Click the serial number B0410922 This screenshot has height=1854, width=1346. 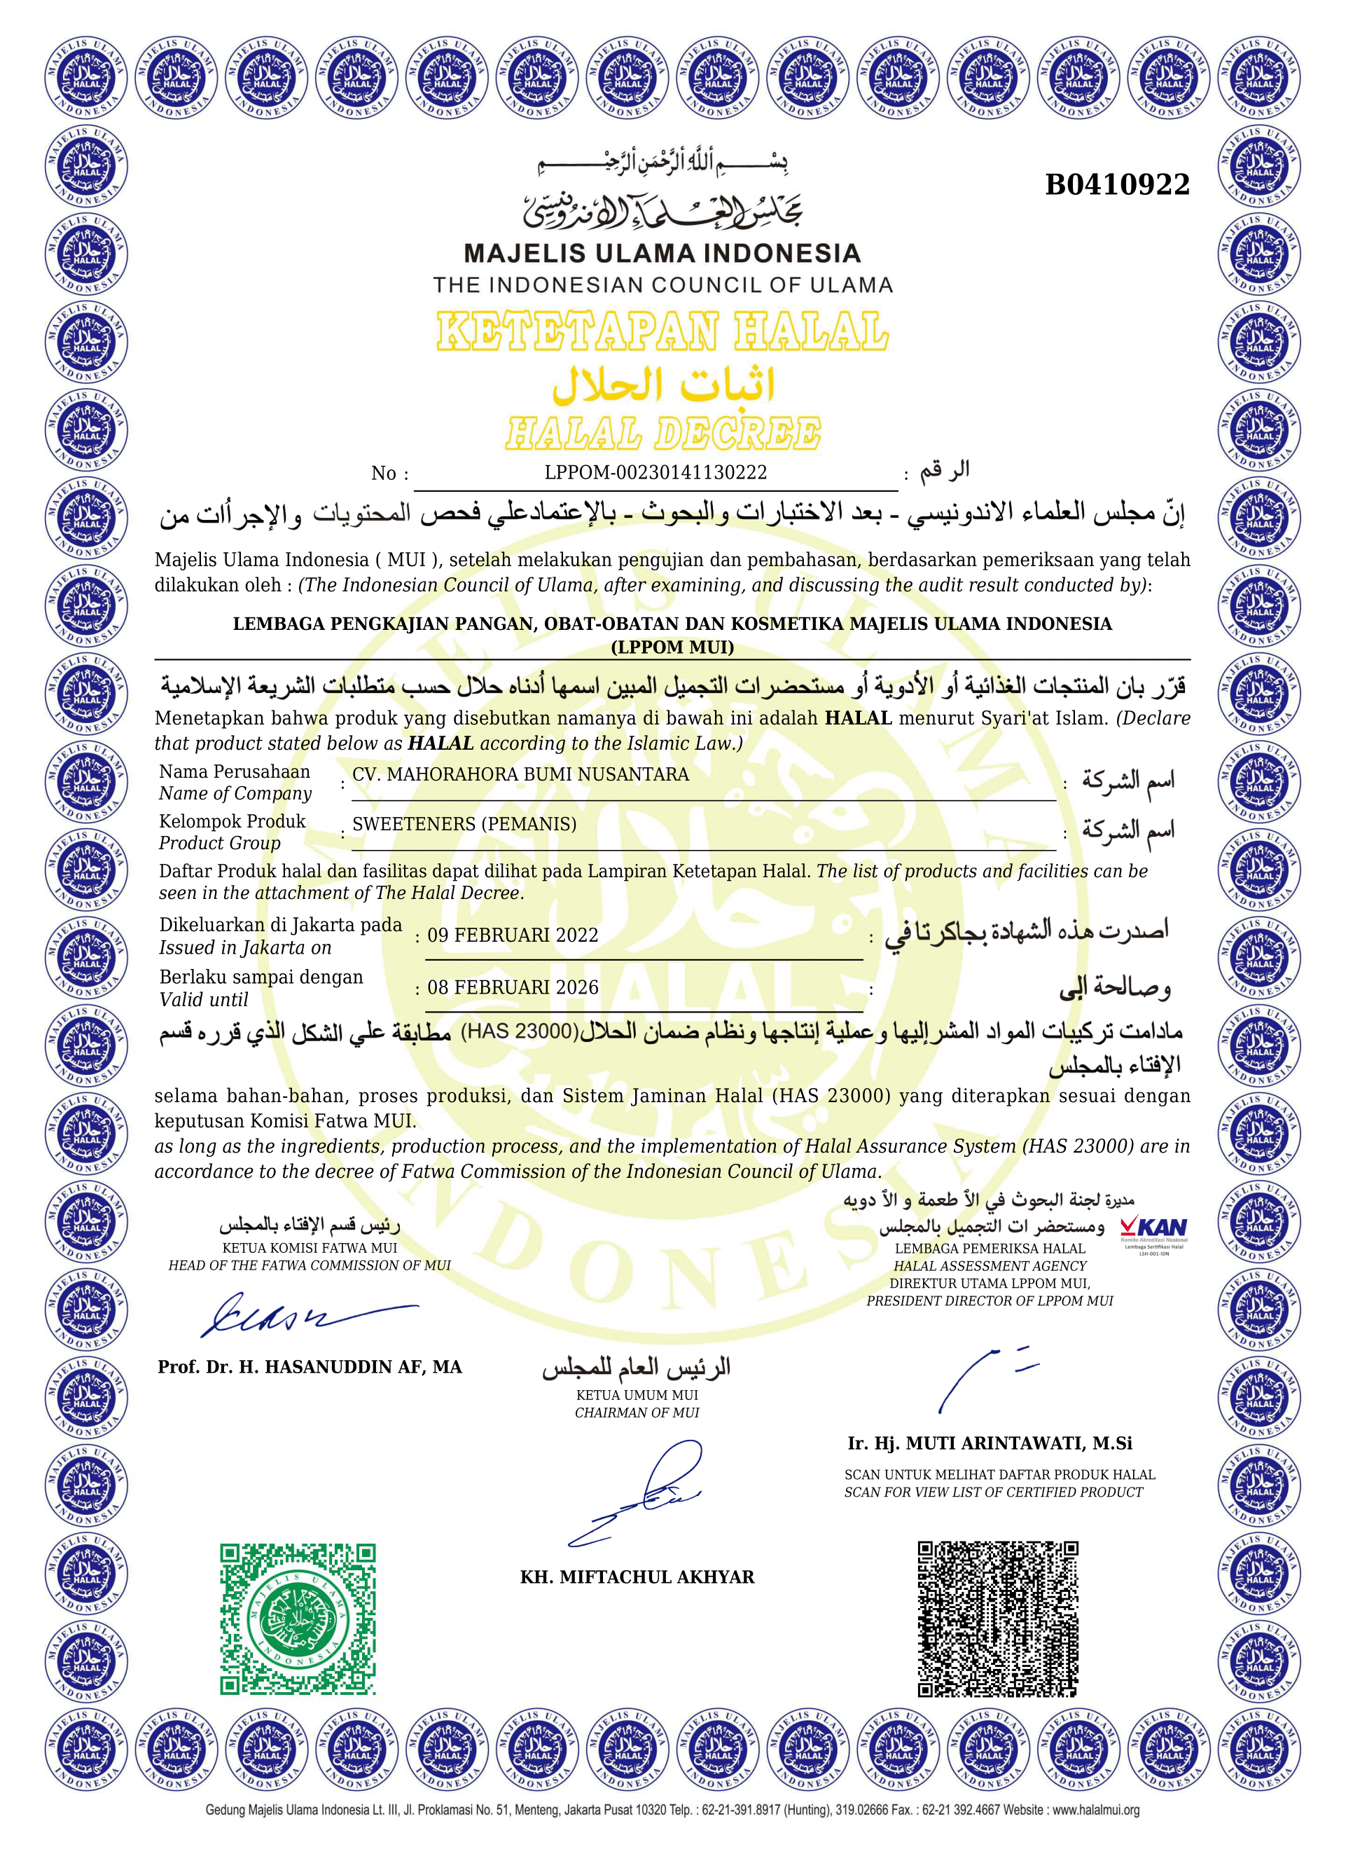1117,185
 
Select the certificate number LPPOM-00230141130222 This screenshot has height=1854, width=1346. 655,472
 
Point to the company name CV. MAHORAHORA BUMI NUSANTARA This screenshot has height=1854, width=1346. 520,774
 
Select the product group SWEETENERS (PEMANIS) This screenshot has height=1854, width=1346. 464,824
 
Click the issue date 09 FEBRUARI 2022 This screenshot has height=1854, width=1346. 513,935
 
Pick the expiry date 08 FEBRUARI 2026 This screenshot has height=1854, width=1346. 513,987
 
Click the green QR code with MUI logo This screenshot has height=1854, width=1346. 298,1619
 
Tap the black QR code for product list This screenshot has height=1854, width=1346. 998,1619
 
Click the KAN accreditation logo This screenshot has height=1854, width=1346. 1153,1229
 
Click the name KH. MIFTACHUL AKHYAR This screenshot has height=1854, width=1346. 637,1577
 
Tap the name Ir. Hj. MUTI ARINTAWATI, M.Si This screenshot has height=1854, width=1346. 990,1443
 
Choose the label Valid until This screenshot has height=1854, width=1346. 204,1000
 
